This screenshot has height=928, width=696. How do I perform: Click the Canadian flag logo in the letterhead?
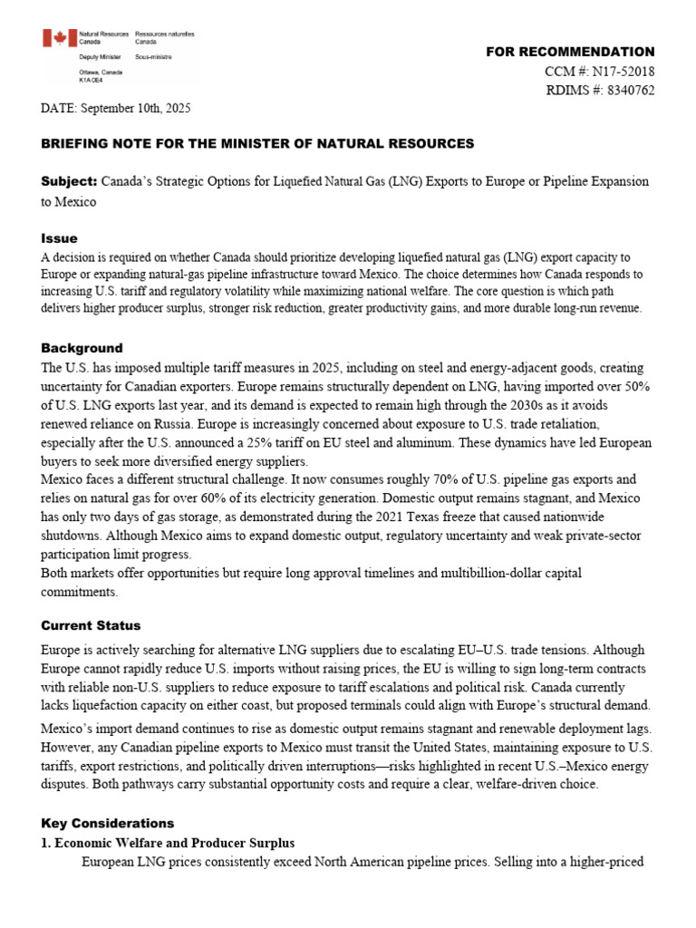[x=60, y=38]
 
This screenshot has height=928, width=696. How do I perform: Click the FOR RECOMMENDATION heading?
[x=570, y=52]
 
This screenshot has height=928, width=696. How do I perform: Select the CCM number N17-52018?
[x=624, y=71]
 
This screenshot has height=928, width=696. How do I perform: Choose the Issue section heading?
[x=59, y=238]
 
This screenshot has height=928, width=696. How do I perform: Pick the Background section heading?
[x=82, y=348]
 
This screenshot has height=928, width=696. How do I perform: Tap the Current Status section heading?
[x=91, y=625]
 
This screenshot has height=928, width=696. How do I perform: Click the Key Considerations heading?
[x=107, y=823]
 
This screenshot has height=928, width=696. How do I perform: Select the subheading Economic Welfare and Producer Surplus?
[x=176, y=843]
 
